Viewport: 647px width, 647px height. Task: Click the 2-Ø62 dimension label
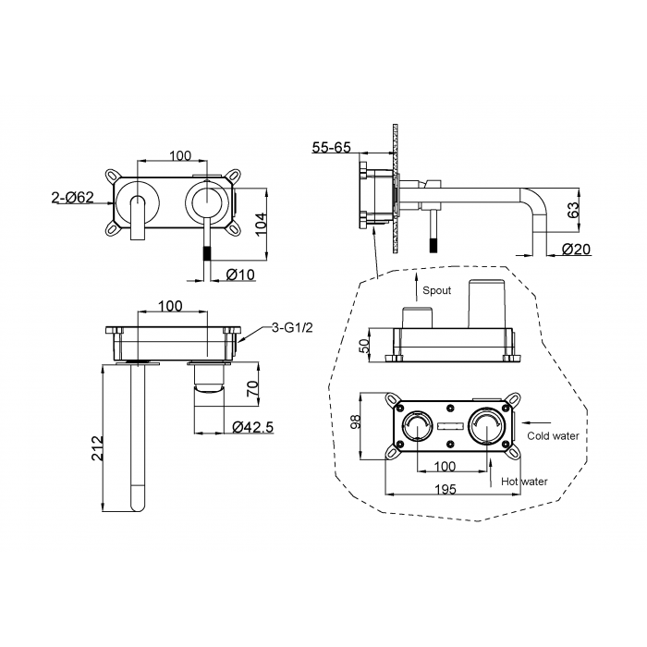pyautogui.click(x=73, y=197)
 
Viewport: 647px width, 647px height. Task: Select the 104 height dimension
pyautogui.click(x=262, y=224)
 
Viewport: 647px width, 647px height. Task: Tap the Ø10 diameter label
pyautogui.click(x=240, y=275)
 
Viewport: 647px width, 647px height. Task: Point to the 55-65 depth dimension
pyautogui.click(x=331, y=147)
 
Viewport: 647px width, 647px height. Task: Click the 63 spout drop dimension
pyautogui.click(x=574, y=211)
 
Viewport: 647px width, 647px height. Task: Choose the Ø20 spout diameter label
pyautogui.click(x=576, y=249)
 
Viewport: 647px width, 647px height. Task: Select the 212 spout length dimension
pyautogui.click(x=96, y=448)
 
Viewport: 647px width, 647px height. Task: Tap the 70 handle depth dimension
pyautogui.click(x=252, y=389)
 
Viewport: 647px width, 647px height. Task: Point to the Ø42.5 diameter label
pyautogui.click(x=252, y=427)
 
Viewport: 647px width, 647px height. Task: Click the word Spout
pyautogui.click(x=436, y=290)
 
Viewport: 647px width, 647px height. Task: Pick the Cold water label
pyautogui.click(x=553, y=435)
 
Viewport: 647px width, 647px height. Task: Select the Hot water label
pyautogui.click(x=524, y=482)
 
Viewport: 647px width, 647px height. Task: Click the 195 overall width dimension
pyautogui.click(x=446, y=489)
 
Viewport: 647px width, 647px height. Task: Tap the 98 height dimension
pyautogui.click(x=355, y=421)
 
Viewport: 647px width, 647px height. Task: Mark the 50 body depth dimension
pyautogui.click(x=364, y=346)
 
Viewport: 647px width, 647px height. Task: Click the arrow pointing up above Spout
pyautogui.click(x=416, y=287)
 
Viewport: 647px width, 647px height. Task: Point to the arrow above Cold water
pyautogui.click(x=536, y=422)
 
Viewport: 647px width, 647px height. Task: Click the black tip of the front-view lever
pyautogui.click(x=207, y=252)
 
